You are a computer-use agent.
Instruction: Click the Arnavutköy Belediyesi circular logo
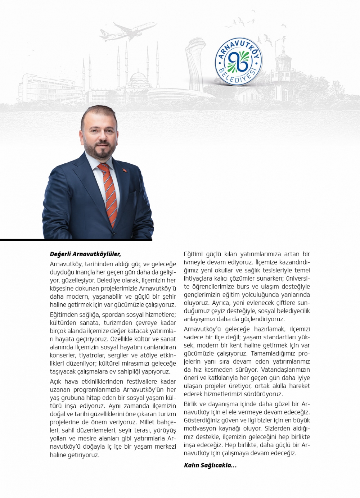pos(238,62)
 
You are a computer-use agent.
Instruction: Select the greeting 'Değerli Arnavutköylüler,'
pos(85,254)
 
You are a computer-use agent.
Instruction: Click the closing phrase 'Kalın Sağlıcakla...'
pos(210,465)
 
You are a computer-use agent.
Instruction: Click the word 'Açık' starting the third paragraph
pos(56,381)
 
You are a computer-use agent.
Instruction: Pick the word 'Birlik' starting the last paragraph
pos(192,404)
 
